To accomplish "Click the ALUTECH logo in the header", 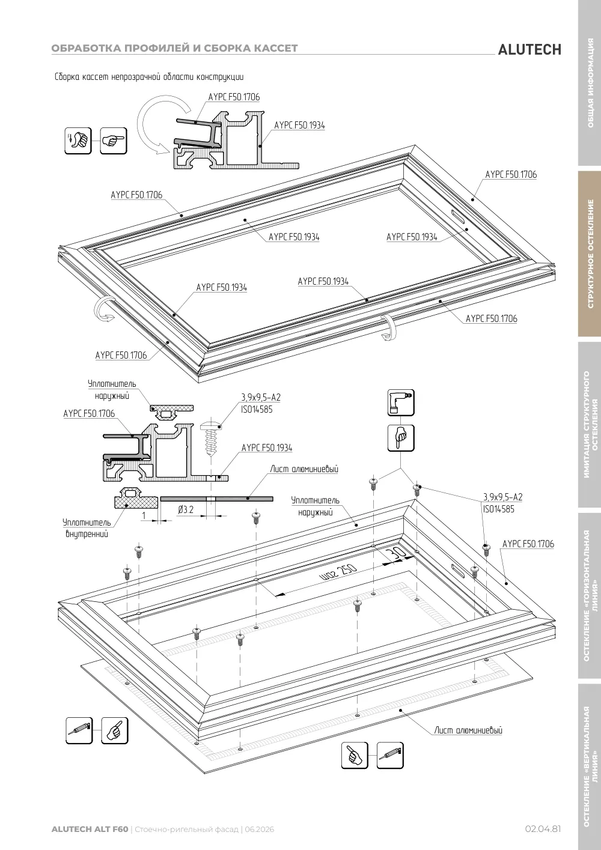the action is (x=529, y=50).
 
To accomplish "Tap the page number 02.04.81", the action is (x=543, y=829).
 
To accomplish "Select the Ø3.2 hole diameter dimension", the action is (x=186, y=509).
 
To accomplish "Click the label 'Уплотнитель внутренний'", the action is (x=87, y=528).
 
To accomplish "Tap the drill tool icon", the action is (x=400, y=402).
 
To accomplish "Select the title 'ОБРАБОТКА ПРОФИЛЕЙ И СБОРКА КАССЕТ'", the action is (x=175, y=48).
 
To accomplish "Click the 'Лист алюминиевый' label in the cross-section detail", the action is (x=304, y=469).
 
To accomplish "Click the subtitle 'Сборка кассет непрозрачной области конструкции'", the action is (x=149, y=77).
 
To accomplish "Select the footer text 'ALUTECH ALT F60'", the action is (x=90, y=829).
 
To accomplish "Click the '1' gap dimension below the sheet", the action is (x=144, y=515).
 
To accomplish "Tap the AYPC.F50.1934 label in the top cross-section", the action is (x=299, y=125).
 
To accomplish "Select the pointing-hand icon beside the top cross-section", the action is (x=114, y=141).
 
